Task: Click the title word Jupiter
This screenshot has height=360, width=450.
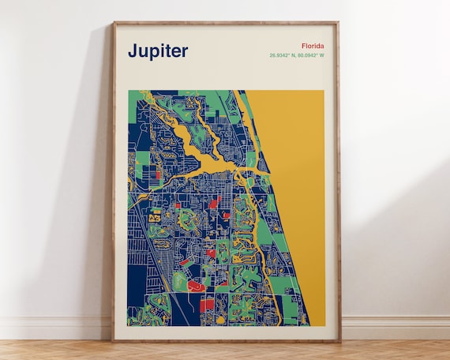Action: click(158, 51)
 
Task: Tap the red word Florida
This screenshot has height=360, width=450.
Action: click(312, 46)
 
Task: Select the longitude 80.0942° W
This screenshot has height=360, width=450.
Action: click(311, 55)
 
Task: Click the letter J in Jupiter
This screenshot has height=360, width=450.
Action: click(133, 51)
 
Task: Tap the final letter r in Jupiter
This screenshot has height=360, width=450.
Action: click(185, 52)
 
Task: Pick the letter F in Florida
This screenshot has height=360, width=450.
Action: click(302, 46)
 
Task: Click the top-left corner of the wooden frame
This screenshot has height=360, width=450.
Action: click(114, 23)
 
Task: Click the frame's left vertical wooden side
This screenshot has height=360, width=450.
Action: click(114, 182)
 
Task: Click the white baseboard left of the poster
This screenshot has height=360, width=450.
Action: click(55, 328)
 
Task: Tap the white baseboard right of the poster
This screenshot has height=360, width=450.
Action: click(395, 328)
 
